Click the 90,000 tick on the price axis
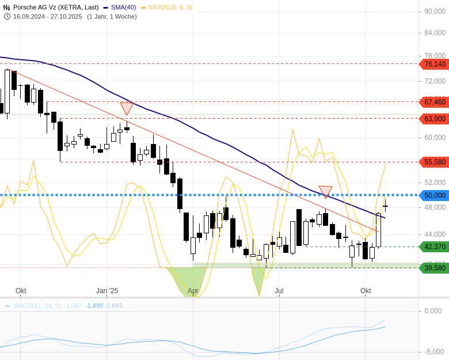(435, 11)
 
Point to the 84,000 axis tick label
(435, 32)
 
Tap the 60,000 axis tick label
(435, 137)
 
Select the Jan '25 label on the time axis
(107, 291)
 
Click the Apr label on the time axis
(193, 291)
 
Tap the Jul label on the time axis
(279, 291)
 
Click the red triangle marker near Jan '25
(127, 108)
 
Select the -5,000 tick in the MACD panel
(435, 351)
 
